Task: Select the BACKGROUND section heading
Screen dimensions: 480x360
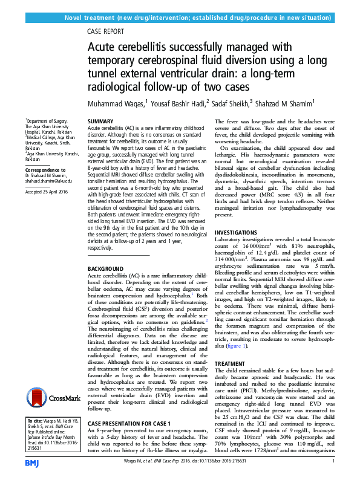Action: click(x=106, y=267)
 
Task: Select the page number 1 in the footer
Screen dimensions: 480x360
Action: click(x=333, y=462)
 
